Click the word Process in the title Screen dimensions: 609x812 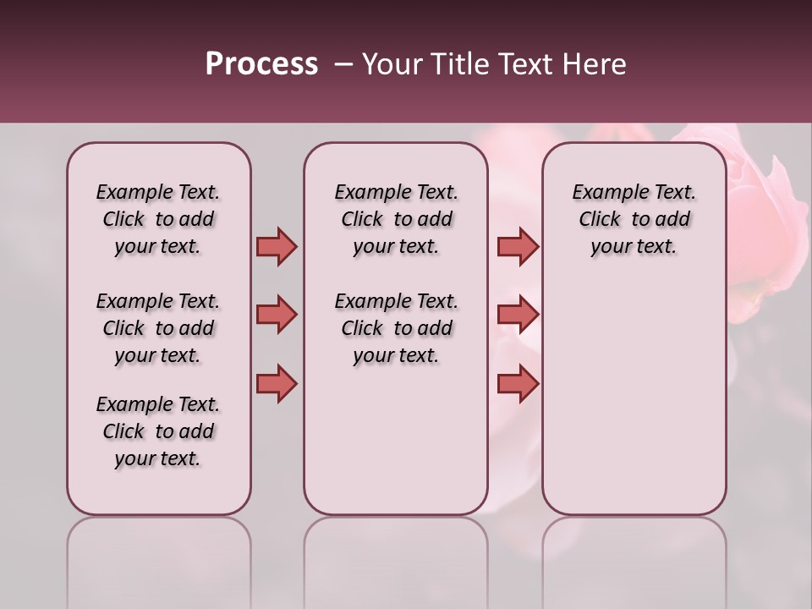(x=261, y=64)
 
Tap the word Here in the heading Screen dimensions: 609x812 (x=595, y=64)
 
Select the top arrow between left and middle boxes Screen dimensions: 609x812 (x=277, y=246)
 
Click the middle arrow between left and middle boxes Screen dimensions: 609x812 (x=277, y=315)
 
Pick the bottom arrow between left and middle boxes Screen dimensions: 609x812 (x=277, y=383)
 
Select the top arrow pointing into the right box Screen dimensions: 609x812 (x=518, y=246)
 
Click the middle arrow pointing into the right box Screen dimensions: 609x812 (x=518, y=315)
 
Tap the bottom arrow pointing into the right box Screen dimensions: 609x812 (x=518, y=383)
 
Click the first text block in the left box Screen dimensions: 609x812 (x=158, y=219)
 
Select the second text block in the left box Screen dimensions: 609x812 (x=158, y=328)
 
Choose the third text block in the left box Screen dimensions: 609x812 (x=158, y=431)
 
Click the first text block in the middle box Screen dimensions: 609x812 (x=396, y=219)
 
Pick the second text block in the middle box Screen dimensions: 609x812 (x=396, y=328)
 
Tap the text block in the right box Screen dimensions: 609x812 (x=634, y=219)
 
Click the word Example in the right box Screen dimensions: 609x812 (x=605, y=193)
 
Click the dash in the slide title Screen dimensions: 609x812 (x=343, y=64)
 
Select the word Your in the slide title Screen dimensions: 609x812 (x=392, y=64)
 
